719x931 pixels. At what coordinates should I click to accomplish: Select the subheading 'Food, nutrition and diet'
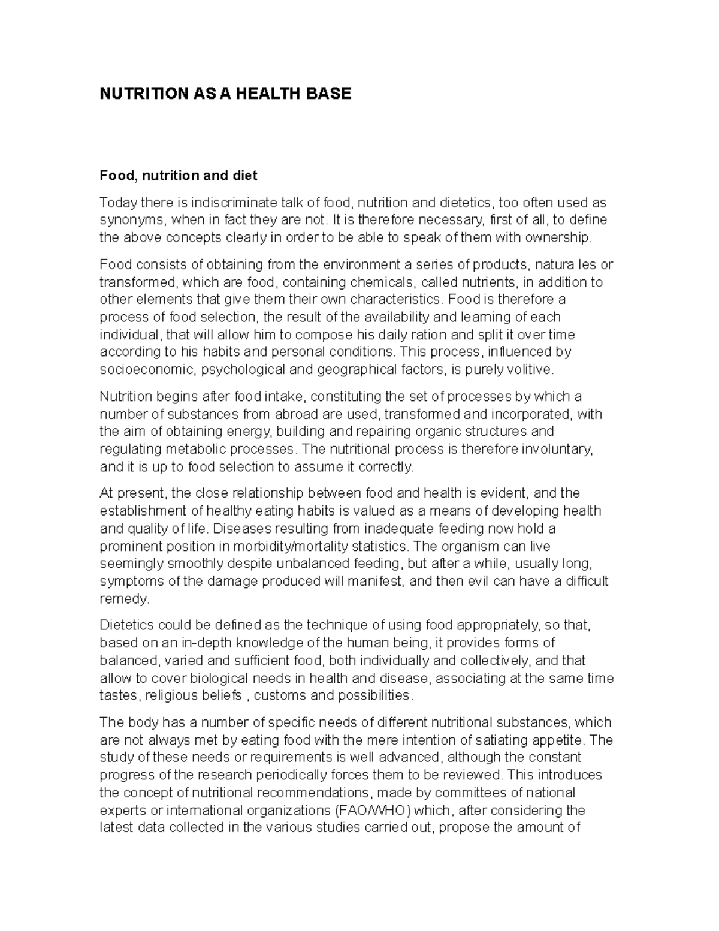tap(178, 176)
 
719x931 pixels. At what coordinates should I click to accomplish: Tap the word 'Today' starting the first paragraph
tap(117, 203)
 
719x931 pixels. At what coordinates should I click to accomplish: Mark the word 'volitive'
tap(530, 369)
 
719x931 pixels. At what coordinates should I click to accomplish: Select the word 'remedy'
tap(123, 599)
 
